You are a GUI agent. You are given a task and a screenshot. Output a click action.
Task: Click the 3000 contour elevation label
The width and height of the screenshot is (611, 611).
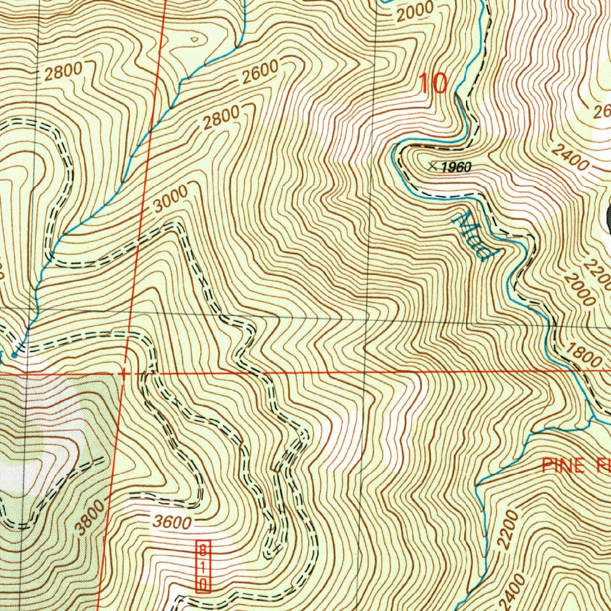tap(170, 199)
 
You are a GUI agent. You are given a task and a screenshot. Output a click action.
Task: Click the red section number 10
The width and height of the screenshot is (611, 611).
tap(433, 84)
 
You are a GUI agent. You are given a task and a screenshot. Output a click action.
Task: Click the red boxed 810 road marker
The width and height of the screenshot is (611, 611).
tap(203, 567)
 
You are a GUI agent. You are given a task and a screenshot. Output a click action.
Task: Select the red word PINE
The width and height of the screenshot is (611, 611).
tap(563, 466)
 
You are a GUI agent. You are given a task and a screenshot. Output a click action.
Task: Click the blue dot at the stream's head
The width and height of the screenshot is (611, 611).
tap(14, 355)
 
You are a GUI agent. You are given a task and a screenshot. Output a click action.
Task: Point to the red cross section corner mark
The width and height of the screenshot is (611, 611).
tap(123, 373)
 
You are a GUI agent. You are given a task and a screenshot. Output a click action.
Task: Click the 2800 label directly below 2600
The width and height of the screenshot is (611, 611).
tap(220, 118)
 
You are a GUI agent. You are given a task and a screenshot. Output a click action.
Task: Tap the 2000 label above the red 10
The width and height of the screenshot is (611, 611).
tap(415, 11)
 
